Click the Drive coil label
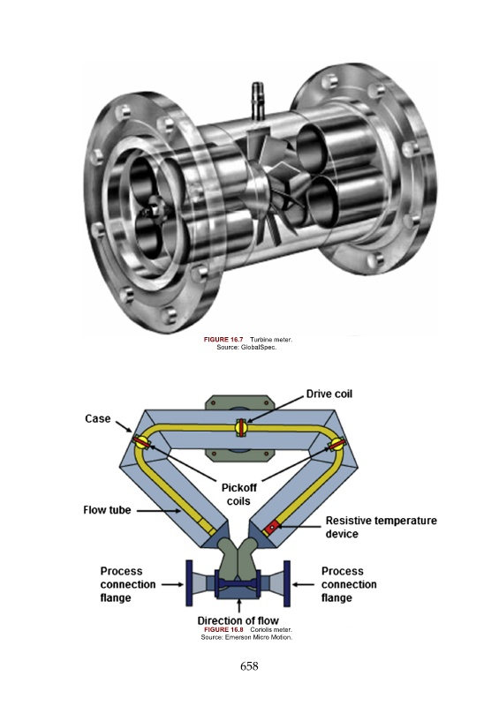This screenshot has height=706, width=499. [x=329, y=394]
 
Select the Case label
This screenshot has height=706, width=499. [x=98, y=418]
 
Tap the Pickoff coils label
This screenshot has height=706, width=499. [x=239, y=494]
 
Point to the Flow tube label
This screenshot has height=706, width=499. [x=107, y=510]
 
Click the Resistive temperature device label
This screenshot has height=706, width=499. [x=381, y=527]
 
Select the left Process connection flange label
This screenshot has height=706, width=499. [x=128, y=584]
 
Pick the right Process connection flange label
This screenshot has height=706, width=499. [x=349, y=584]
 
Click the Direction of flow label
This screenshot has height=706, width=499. [x=238, y=620]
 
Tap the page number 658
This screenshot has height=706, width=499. [x=249, y=666]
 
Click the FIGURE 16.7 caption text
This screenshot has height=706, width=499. [x=248, y=340]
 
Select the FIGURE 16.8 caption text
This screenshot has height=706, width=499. [x=248, y=629]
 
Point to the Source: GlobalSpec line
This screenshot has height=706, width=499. [x=246, y=347]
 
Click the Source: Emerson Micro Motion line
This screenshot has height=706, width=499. [x=246, y=637]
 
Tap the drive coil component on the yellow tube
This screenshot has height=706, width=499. [x=241, y=427]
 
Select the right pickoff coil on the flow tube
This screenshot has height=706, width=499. [x=336, y=445]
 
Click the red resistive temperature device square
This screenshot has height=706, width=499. [x=271, y=527]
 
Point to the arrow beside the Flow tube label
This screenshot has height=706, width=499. [x=159, y=511]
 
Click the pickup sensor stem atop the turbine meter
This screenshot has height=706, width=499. [x=257, y=101]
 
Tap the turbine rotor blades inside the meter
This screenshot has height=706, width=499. [x=270, y=180]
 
